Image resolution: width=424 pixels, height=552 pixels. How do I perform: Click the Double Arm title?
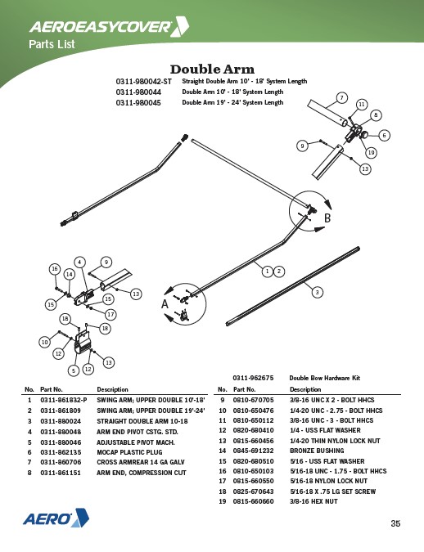click(212, 69)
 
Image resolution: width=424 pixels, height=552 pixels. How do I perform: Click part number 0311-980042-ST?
click(144, 82)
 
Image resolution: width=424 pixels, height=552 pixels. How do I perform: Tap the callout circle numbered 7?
click(341, 97)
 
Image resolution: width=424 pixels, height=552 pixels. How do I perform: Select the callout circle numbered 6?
click(384, 135)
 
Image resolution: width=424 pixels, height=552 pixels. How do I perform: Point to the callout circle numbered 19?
click(371, 152)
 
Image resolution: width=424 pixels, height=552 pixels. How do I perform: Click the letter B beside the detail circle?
click(327, 218)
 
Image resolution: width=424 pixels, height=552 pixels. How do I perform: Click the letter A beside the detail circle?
click(165, 304)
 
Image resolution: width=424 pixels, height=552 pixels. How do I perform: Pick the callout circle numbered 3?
click(318, 292)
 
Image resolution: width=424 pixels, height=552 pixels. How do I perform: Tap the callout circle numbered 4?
click(80, 263)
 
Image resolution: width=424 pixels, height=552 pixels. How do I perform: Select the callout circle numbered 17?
click(111, 314)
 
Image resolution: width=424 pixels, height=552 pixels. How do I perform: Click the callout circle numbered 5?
click(74, 370)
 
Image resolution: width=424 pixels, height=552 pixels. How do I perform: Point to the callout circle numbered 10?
click(45, 342)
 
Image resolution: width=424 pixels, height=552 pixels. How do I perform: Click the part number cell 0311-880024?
click(61, 421)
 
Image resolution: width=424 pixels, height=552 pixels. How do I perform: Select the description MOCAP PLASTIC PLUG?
click(129, 452)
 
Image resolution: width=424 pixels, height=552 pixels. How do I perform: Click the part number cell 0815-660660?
click(253, 501)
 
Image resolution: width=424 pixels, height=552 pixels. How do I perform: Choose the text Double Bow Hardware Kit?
click(325, 378)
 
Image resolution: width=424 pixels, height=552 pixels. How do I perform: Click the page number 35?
click(395, 523)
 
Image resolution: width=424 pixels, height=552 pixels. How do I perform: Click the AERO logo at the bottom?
click(56, 518)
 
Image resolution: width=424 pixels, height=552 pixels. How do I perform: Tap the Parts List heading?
click(52, 44)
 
